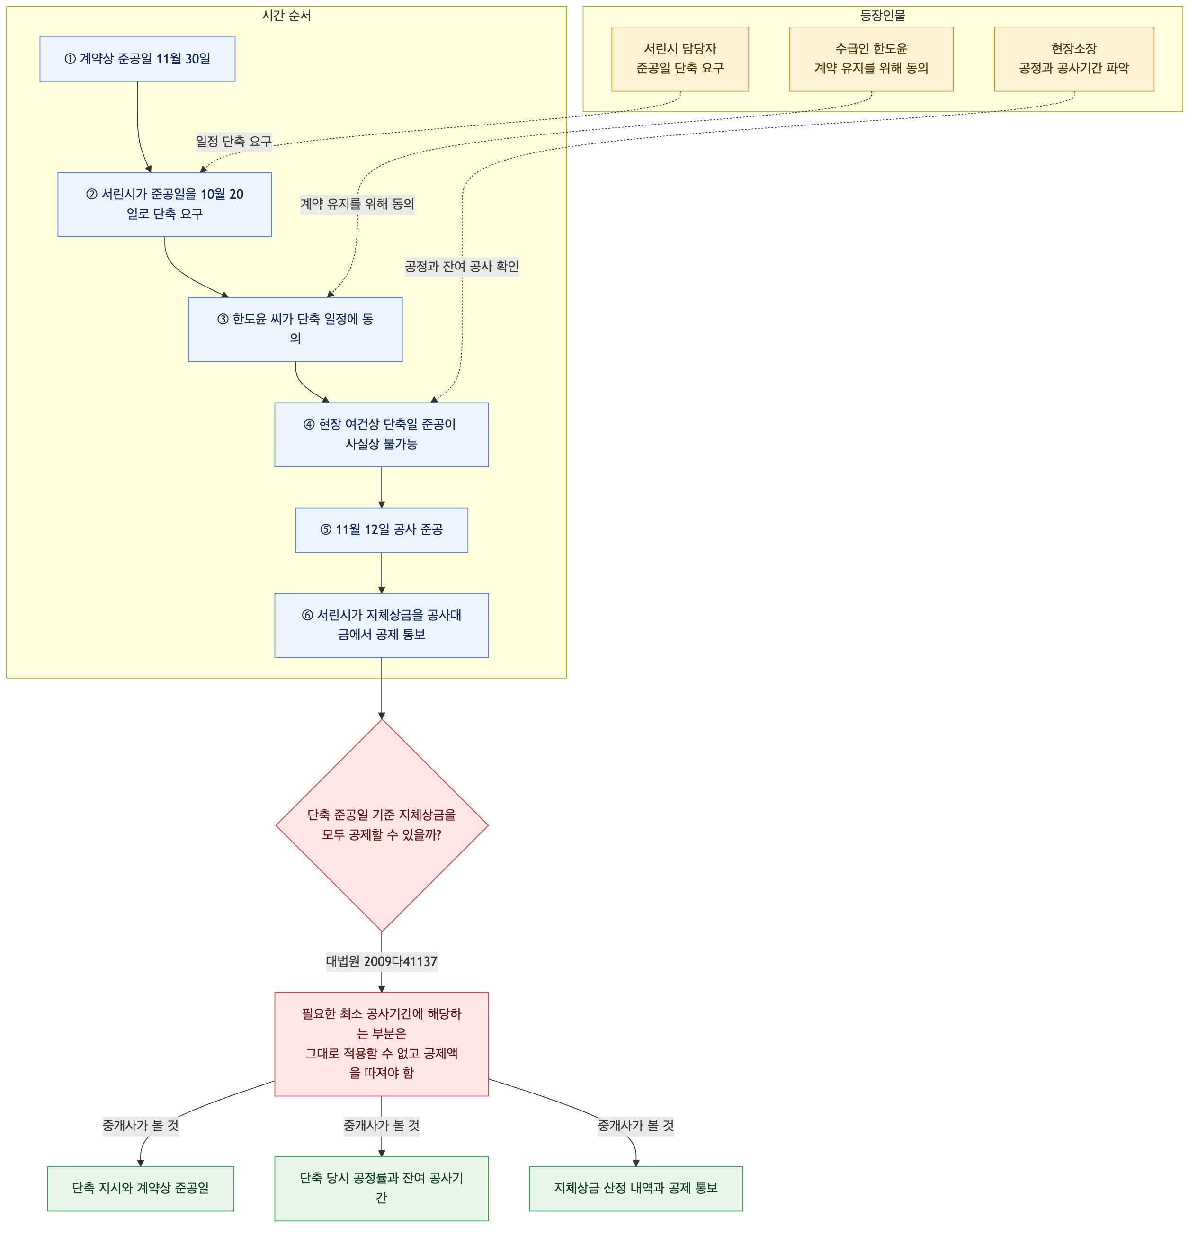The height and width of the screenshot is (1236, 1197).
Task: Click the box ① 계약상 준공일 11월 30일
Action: pyautogui.click(x=137, y=59)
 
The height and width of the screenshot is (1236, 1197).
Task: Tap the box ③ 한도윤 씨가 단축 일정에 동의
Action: pyautogui.click(x=295, y=330)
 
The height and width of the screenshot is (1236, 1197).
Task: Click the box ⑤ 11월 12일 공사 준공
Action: pyautogui.click(x=382, y=530)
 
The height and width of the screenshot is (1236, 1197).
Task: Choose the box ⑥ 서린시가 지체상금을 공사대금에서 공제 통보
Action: pyautogui.click(x=382, y=626)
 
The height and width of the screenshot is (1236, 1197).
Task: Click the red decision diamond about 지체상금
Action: pyautogui.click(x=382, y=825)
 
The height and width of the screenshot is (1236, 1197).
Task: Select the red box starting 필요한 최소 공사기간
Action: pyautogui.click(x=382, y=1044)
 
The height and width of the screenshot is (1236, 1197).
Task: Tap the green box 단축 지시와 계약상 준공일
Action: pyautogui.click(x=141, y=1189)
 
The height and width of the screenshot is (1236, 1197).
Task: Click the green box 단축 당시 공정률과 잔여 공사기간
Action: pyautogui.click(x=382, y=1189)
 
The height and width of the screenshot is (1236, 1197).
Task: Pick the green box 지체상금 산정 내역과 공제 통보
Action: pyautogui.click(x=636, y=1189)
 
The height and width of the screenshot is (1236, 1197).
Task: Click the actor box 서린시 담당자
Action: pyautogui.click(x=680, y=59)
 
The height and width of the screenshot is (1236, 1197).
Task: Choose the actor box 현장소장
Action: pyautogui.click(x=1074, y=59)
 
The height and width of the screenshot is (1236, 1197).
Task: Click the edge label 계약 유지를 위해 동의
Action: pyautogui.click(x=357, y=204)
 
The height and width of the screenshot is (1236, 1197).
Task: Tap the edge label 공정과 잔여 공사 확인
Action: pyautogui.click(x=462, y=267)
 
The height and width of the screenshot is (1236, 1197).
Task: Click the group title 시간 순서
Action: pyautogui.click(x=286, y=16)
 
